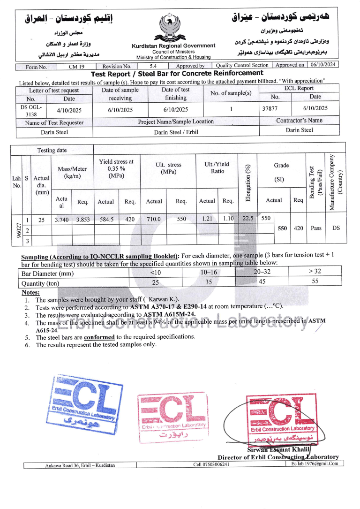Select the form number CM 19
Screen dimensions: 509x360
(76, 67)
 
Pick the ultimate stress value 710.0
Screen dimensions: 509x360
(154, 219)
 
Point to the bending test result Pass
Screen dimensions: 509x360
(316, 228)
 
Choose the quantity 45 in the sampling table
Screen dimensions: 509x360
(262, 281)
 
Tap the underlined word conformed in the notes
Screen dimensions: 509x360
(99, 337)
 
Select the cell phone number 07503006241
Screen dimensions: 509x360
(211, 464)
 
